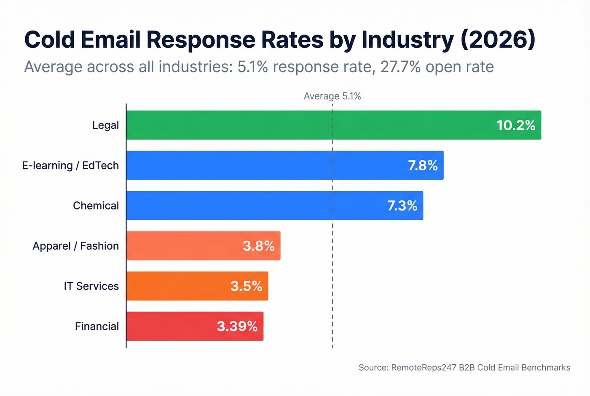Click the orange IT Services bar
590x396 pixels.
tap(177, 286)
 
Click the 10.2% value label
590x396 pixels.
tap(516, 125)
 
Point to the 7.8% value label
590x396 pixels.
tap(423, 165)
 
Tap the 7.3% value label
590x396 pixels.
tap(402, 205)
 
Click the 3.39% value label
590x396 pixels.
tap(237, 326)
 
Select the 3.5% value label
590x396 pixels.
tap(246, 286)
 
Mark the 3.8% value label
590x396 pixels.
tap(258, 246)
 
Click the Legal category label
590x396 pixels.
tap(105, 125)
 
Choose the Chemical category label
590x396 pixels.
tap(96, 205)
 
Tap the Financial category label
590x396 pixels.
tap(97, 326)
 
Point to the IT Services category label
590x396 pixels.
tap(91, 286)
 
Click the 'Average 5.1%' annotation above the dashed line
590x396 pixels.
tap(332, 96)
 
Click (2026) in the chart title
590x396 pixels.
tap(498, 40)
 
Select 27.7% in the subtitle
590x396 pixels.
tap(400, 67)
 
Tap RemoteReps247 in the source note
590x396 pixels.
tap(424, 367)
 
